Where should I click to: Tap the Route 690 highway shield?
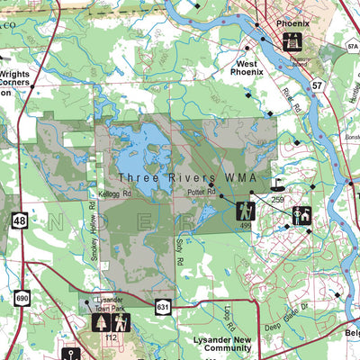(22, 298)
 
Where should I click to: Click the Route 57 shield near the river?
(317, 84)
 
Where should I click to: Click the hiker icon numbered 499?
(246, 211)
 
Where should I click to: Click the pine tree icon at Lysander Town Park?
(101, 322)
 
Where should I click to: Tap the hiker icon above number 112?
(120, 322)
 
